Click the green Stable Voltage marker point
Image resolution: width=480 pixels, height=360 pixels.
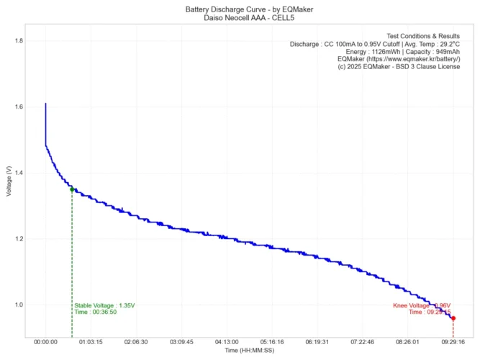[72, 189]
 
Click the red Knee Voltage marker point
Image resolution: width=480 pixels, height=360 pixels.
[453, 318]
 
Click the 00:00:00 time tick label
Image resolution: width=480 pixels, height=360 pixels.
[45, 343]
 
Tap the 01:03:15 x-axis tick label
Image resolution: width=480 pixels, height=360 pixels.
[91, 343]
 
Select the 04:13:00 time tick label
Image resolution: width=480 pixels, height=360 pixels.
[227, 343]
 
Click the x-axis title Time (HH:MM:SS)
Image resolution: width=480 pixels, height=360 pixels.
[249, 351]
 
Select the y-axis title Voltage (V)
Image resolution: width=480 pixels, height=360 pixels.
[8, 181]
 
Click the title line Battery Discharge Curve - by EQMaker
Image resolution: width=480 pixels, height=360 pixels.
[249, 9]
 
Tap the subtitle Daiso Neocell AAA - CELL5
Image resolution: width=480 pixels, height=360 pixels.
[249, 17]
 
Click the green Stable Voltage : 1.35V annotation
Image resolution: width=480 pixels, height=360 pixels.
[104, 305]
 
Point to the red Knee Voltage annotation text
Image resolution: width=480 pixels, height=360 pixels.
[422, 305]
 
